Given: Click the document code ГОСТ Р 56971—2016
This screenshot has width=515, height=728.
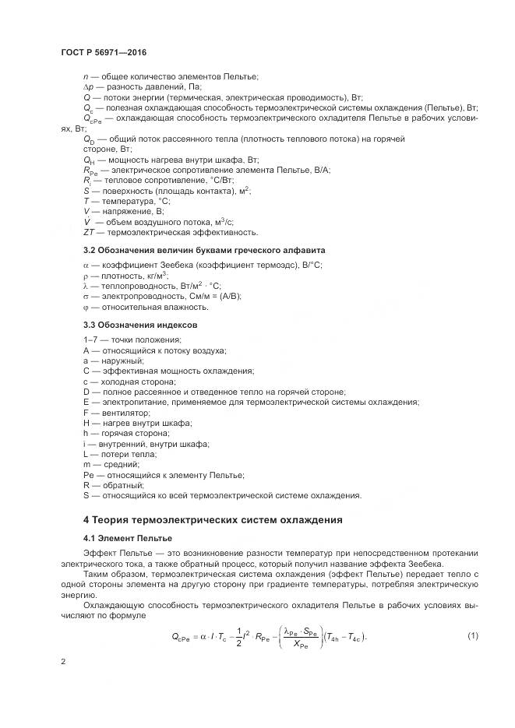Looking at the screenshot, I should (104, 52).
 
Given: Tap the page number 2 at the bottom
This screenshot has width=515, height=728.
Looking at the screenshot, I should (63, 662).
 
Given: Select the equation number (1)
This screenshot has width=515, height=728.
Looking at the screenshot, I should (472, 635).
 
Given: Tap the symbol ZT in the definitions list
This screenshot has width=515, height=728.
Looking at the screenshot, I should (89, 231).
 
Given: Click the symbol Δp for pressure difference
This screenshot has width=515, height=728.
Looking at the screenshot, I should (88, 87).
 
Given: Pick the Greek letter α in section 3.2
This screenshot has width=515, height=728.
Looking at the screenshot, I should (86, 266).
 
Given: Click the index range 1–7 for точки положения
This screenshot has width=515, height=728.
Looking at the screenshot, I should (90, 340).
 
